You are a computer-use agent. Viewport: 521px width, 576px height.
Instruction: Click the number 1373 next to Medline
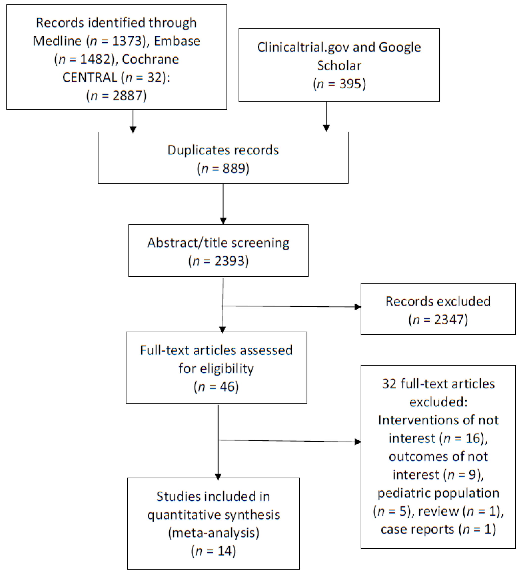click(127, 41)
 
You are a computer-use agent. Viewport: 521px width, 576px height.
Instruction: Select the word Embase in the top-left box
click(177, 41)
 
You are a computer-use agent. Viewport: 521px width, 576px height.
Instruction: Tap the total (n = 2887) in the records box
click(116, 96)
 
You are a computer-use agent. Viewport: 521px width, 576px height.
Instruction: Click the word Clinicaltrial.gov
click(303, 47)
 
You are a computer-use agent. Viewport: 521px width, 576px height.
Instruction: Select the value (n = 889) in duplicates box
click(223, 168)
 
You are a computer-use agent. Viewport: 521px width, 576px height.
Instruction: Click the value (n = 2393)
click(218, 261)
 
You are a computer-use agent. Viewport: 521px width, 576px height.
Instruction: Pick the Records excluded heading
click(438, 301)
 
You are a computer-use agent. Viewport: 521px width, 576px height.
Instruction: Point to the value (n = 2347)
click(438, 319)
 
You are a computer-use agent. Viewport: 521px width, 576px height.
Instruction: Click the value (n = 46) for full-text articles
click(216, 386)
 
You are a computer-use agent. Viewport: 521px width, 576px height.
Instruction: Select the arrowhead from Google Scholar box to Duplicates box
click(326, 128)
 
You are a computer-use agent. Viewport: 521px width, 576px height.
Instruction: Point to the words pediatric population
click(438, 493)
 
